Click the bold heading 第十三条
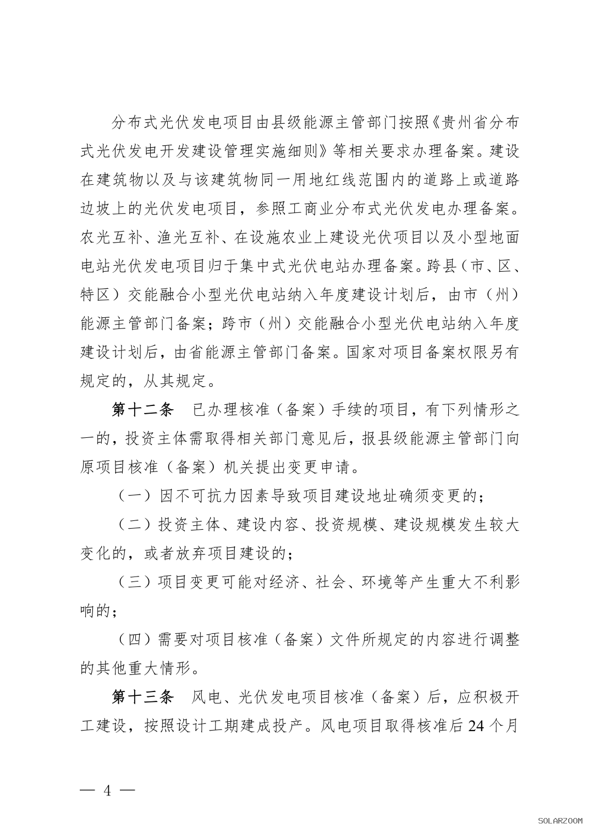point(142,698)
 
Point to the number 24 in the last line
point(476,727)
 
